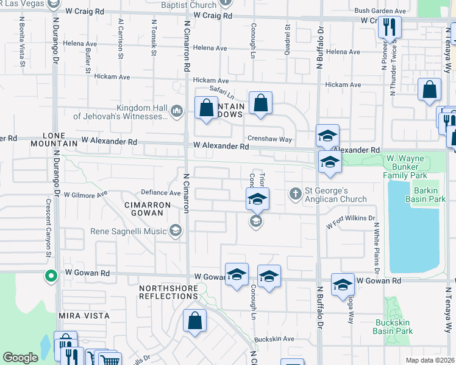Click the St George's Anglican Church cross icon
coord(295,194)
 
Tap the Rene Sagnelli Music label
coord(129,231)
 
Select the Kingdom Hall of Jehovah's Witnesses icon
coord(176,110)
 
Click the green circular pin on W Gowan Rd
coord(51,276)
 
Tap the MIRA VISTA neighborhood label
coord(84,316)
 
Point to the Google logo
coord(21,358)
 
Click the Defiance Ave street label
coord(160,192)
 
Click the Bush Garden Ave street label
coord(380,11)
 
